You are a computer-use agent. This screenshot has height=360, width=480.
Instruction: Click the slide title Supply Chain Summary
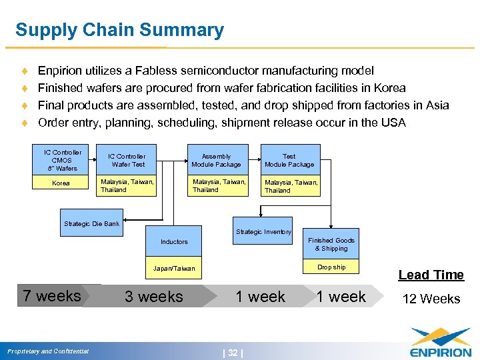(x=119, y=30)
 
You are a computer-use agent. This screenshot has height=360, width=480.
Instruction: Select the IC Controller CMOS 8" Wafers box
(x=62, y=160)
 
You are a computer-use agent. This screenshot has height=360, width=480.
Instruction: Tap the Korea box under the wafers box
(x=62, y=183)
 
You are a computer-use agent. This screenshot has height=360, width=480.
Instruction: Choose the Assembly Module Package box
(x=216, y=160)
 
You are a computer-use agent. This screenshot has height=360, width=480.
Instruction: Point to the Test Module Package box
(x=289, y=160)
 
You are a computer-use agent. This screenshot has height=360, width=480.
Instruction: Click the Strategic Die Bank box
(x=92, y=223)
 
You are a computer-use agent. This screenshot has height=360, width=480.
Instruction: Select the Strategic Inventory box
(x=263, y=231)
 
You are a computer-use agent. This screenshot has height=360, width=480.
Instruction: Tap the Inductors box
(x=174, y=241)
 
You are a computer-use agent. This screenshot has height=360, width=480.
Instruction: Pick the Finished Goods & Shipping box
(x=331, y=244)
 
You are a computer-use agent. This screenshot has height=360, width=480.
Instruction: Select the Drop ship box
(x=331, y=267)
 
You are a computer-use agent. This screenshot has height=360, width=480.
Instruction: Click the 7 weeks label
(x=52, y=296)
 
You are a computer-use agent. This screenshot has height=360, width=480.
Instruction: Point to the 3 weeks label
(x=154, y=297)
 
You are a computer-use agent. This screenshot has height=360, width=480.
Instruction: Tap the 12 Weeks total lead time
(x=431, y=299)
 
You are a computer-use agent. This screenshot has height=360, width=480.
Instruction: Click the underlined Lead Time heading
(x=431, y=275)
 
